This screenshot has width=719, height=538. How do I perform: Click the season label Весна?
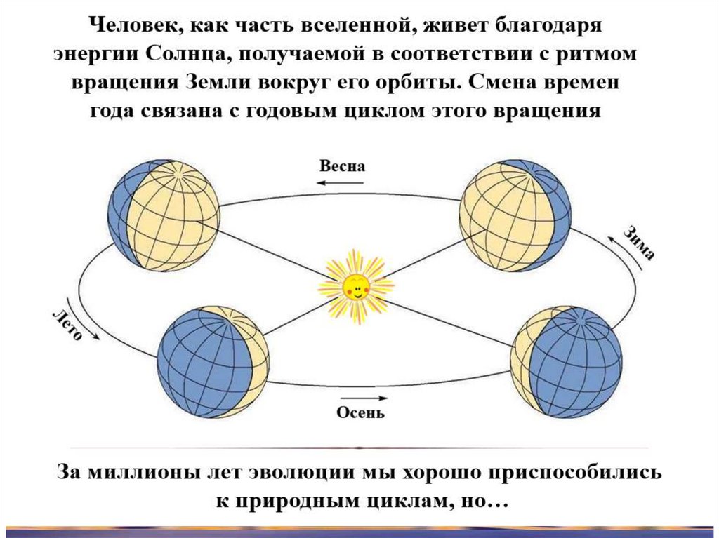(343, 167)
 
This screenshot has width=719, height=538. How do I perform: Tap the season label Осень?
(360, 412)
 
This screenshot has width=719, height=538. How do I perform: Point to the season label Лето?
(68, 323)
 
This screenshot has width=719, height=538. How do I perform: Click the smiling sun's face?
(356, 286)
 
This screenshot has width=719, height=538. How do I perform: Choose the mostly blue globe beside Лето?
(213, 361)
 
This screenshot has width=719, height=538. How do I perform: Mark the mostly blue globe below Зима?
(566, 361)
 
